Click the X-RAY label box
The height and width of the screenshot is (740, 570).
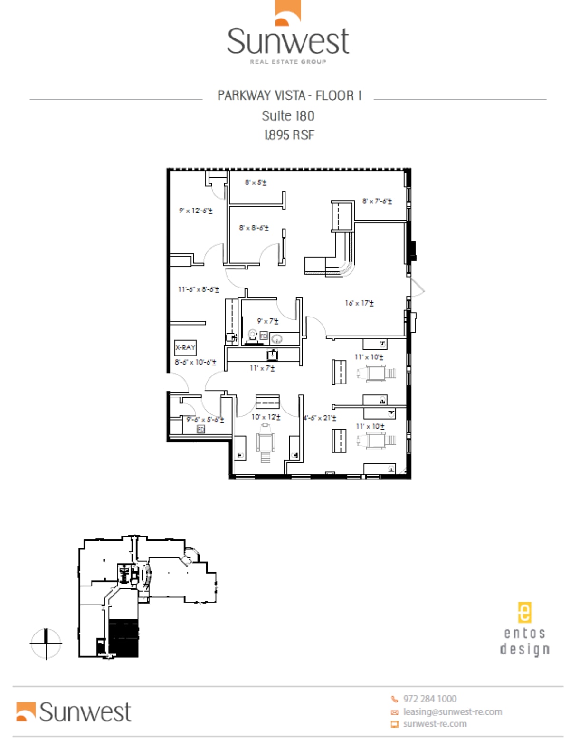pyautogui.click(x=185, y=347)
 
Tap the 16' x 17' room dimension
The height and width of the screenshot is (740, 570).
pyautogui.click(x=359, y=303)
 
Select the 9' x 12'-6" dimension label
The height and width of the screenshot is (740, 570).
pyautogui.click(x=196, y=210)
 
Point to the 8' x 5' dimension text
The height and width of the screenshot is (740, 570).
pyautogui.click(x=256, y=182)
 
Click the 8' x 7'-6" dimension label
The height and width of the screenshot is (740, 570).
pyautogui.click(x=377, y=201)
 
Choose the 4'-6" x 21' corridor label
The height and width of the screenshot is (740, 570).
pyautogui.click(x=320, y=418)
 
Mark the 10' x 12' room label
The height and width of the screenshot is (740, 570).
pyautogui.click(x=266, y=417)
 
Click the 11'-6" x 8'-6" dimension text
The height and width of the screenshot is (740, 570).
pyautogui.click(x=199, y=289)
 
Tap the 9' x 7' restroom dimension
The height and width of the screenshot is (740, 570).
pyautogui.click(x=267, y=321)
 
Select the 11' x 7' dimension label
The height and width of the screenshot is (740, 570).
pyautogui.click(x=262, y=367)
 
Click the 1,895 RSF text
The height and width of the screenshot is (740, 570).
pyautogui.click(x=289, y=135)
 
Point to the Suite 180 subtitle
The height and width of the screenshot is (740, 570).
pyautogui.click(x=288, y=116)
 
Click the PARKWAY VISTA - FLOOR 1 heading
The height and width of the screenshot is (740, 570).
pyautogui.click(x=289, y=96)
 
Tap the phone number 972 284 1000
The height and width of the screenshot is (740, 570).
pyautogui.click(x=429, y=699)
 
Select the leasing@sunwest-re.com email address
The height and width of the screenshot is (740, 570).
pyautogui.click(x=452, y=711)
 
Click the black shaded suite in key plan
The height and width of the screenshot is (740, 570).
pyautogui.click(x=123, y=638)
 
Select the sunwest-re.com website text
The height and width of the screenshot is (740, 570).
pyautogui.click(x=435, y=724)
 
